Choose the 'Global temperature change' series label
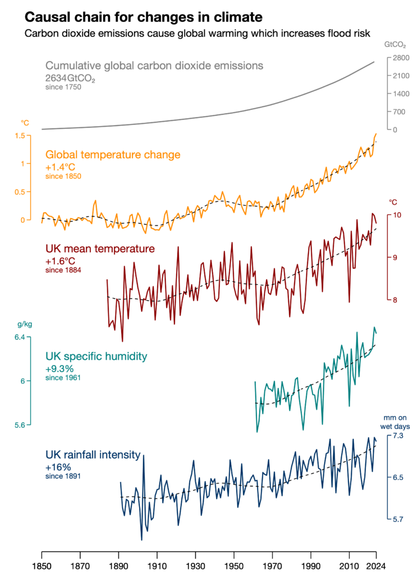113,155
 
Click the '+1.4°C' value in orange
61,167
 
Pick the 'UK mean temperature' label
100,248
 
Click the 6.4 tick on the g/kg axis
19,337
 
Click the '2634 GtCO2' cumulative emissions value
70,78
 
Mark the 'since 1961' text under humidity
62,378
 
